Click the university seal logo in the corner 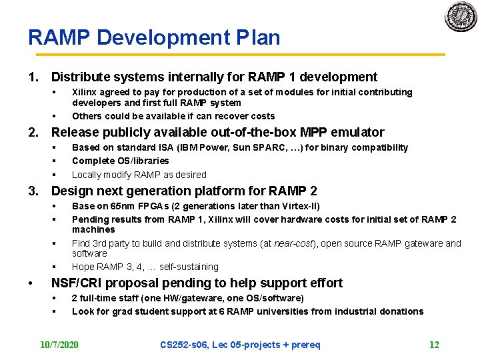pos(461,17)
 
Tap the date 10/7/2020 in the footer pos(59,345)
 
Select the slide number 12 pos(434,345)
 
